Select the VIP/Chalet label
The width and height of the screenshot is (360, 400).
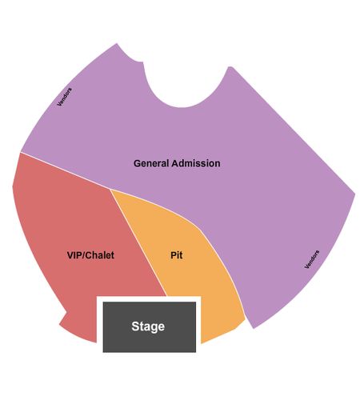90,255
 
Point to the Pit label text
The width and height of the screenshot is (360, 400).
177,255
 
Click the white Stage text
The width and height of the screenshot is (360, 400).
148,326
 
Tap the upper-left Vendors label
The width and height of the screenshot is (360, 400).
65,97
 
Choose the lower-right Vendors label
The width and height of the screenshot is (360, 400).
312,259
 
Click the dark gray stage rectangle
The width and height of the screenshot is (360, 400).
150,327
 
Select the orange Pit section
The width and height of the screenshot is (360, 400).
186,256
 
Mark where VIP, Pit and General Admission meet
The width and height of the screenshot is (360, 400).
110,189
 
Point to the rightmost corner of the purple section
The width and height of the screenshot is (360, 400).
355,194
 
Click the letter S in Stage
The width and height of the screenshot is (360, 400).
135,326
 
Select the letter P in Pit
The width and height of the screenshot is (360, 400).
174,255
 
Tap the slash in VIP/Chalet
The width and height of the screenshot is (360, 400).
83,255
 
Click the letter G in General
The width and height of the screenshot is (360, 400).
137,163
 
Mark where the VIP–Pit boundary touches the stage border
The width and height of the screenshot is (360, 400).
166,296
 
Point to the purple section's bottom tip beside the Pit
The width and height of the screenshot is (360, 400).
253,328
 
